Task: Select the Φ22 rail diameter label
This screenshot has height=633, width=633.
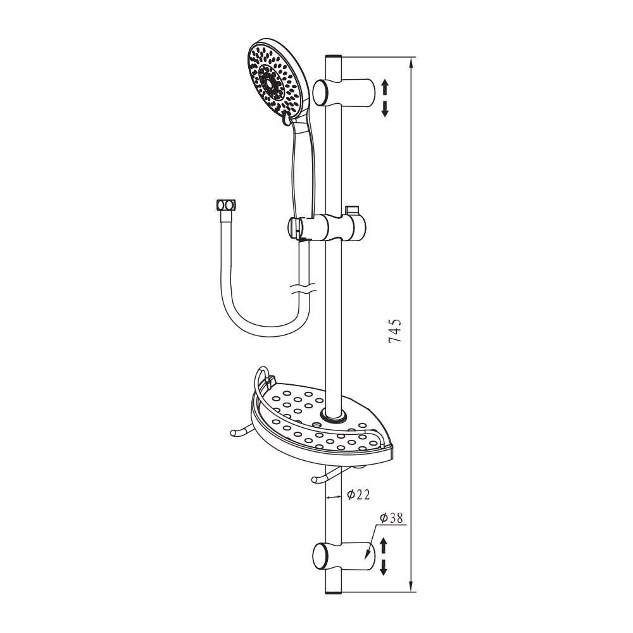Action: click(x=358, y=494)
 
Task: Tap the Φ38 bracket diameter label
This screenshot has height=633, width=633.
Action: click(x=391, y=518)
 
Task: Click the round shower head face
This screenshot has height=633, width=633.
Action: click(x=275, y=80)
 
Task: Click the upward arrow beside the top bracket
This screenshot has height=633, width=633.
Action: click(x=385, y=87)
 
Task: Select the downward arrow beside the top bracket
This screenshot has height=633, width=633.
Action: click(x=385, y=109)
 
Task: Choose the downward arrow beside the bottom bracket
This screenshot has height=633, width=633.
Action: click(x=384, y=567)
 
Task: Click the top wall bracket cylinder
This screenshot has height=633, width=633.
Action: click(x=344, y=92)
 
